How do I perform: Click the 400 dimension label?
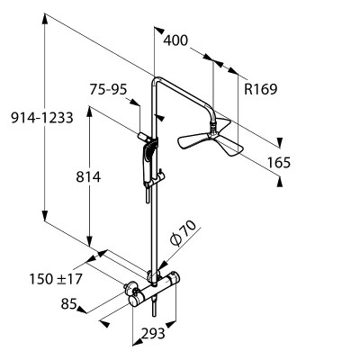(175, 40)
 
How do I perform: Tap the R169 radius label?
(260, 89)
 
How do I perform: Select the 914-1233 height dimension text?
(42, 117)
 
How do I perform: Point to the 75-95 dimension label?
(108, 89)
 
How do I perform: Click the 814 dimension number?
(88, 177)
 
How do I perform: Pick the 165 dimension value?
(279, 163)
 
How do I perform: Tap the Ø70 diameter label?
(183, 233)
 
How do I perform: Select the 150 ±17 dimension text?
(56, 279)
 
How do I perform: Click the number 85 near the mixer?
(68, 304)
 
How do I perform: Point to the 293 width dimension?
(153, 333)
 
